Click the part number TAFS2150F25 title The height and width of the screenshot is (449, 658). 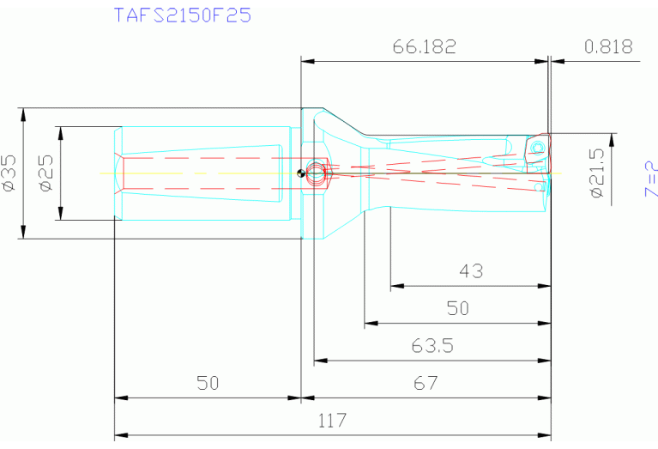(x=183, y=15)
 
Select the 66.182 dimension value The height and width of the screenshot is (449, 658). (x=425, y=46)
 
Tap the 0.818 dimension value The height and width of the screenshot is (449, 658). (x=608, y=46)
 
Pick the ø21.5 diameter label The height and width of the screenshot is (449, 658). (x=597, y=173)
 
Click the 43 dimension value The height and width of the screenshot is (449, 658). (x=471, y=272)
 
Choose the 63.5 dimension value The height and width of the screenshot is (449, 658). (x=432, y=346)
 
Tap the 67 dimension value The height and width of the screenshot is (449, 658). (x=426, y=383)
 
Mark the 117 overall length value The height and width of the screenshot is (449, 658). (x=332, y=421)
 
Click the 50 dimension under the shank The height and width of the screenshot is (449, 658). (x=208, y=383)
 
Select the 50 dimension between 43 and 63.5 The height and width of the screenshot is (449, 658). (x=458, y=308)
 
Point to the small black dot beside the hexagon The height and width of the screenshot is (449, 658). (x=300, y=174)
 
